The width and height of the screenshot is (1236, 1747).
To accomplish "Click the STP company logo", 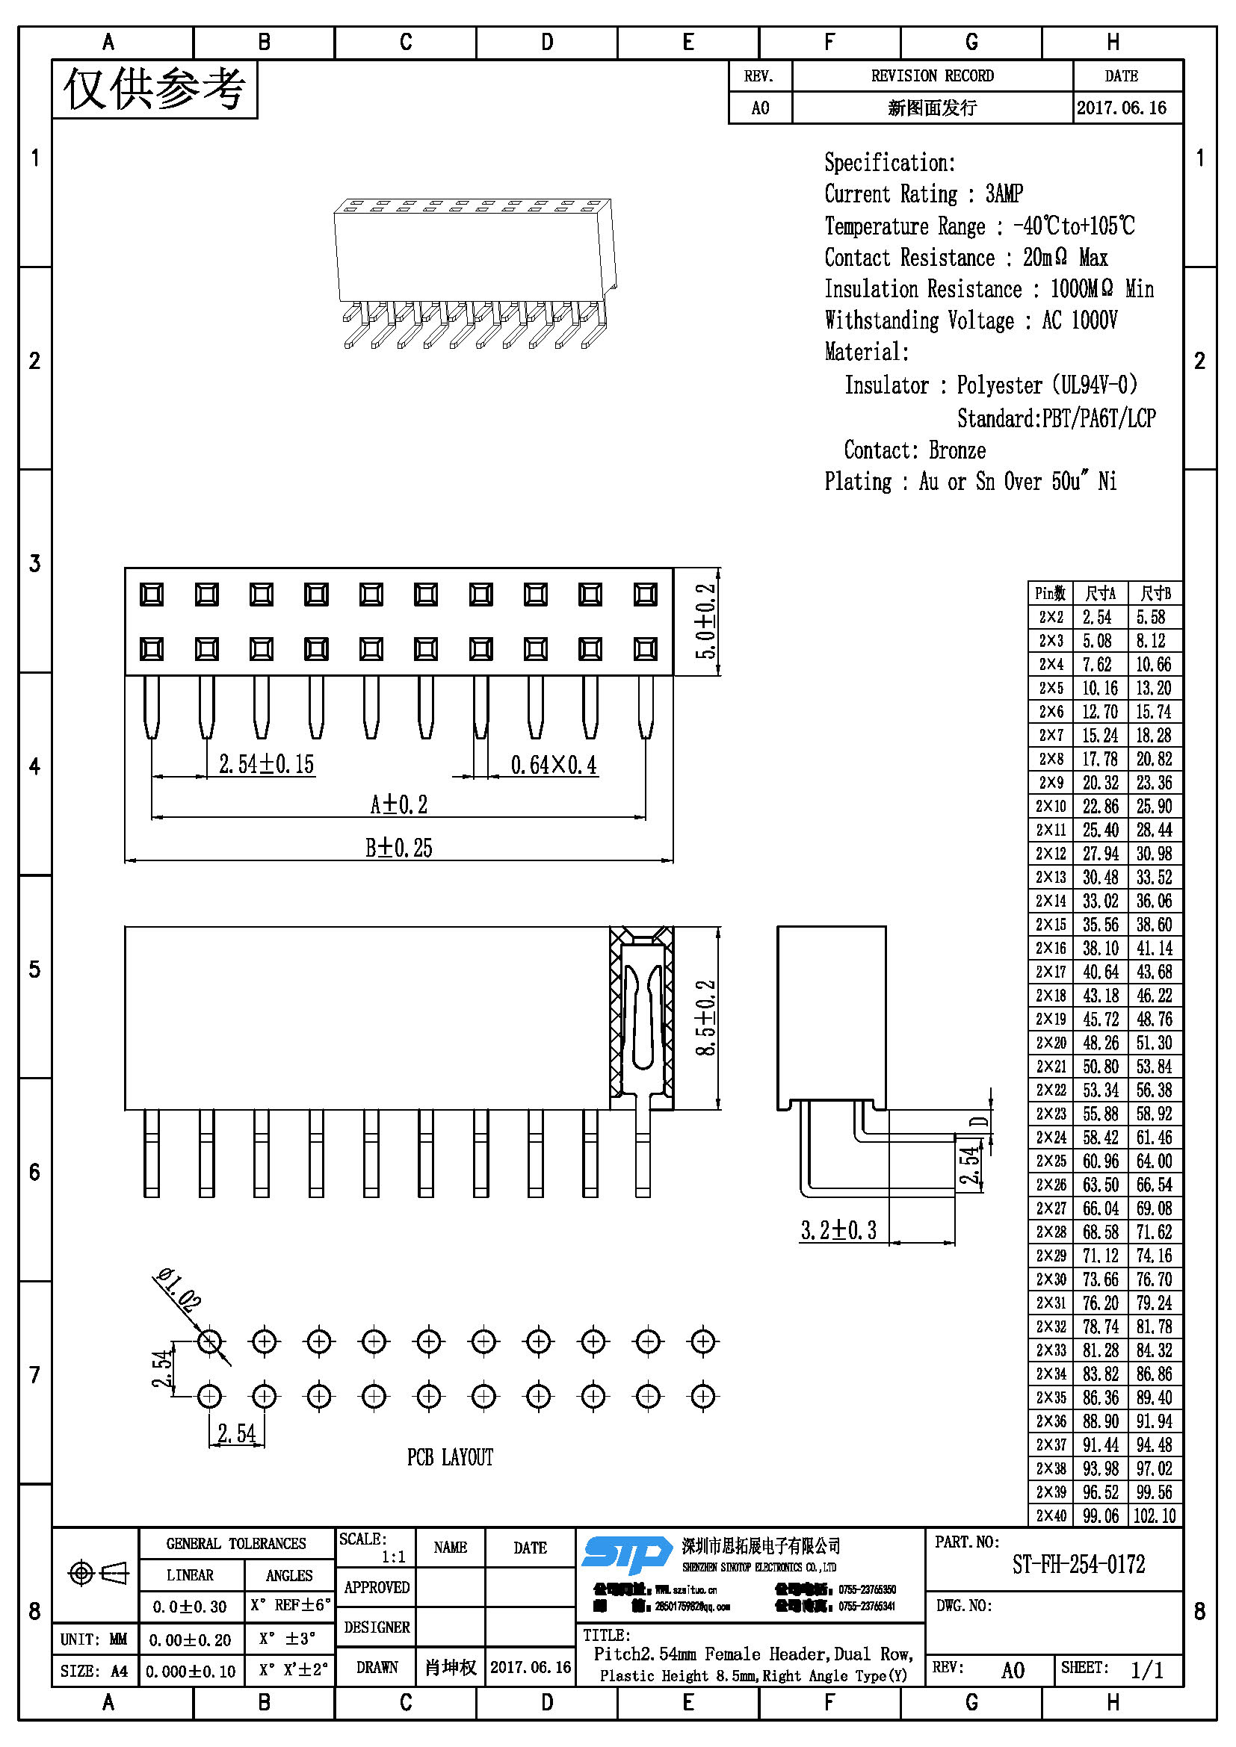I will [x=625, y=1554].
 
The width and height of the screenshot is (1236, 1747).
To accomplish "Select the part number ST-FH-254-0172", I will [x=1078, y=1565].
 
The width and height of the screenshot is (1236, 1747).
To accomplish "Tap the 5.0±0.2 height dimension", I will [x=706, y=621].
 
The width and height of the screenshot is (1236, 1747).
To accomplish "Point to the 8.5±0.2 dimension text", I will [x=706, y=1017].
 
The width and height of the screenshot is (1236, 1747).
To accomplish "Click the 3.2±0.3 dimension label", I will [x=838, y=1230].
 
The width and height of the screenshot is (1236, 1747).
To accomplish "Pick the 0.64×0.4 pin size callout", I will [x=553, y=765].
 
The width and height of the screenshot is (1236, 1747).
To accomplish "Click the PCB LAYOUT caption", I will [x=450, y=1457].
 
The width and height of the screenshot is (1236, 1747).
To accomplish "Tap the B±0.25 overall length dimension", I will [x=399, y=848].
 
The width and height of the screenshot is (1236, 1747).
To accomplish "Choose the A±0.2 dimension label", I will [x=399, y=804].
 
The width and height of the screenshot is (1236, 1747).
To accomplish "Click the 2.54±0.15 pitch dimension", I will [x=266, y=764].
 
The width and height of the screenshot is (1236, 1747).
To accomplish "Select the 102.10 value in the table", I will [x=1154, y=1515].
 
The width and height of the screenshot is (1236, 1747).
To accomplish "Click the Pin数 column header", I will [x=1050, y=594].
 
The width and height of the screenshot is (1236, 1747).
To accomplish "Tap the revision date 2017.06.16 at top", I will [x=1121, y=108].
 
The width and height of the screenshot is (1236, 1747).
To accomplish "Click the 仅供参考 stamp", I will [x=155, y=90].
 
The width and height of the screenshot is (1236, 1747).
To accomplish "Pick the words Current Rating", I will [x=891, y=194].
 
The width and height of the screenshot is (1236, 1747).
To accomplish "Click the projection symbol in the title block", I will [x=97, y=1572].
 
